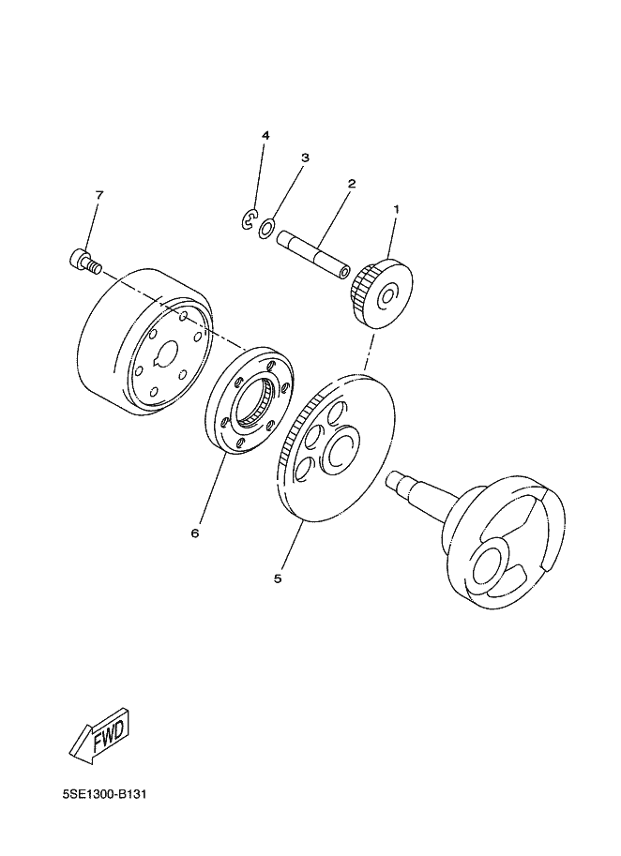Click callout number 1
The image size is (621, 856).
(x=397, y=208)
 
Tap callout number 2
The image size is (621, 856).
(x=352, y=184)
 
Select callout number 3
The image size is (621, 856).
(x=305, y=158)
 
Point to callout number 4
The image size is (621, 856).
(x=265, y=135)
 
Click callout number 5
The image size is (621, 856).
(x=278, y=578)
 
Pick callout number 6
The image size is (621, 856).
(x=195, y=533)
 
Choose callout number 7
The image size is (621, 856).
(x=98, y=194)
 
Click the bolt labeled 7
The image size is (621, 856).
(x=85, y=260)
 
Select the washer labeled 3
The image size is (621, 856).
(x=266, y=228)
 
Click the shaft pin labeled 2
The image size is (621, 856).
(x=312, y=254)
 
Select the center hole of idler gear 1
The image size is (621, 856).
(x=389, y=296)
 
